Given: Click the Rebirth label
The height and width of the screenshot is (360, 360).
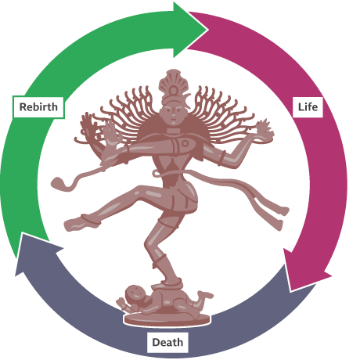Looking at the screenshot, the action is point(38,107).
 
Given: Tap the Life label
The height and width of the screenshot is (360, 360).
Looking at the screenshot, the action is point(308,107).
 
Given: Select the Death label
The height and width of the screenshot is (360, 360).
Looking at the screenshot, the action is point(167,342).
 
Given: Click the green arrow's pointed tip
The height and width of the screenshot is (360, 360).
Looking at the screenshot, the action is point(208,29).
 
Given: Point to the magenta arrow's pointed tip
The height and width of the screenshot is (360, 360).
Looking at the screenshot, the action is point(291,290).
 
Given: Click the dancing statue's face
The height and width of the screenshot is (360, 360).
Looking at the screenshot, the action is point(173,114).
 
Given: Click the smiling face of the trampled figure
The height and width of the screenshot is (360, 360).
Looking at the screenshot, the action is point(135,294).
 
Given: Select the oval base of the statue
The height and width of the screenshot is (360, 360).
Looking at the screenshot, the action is point(167,319).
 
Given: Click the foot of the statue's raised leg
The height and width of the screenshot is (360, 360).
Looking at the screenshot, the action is point(76,224).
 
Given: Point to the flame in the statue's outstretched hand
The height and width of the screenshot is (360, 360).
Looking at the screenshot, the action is point(264,128).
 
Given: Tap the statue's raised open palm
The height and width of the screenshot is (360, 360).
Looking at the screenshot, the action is point(112,135).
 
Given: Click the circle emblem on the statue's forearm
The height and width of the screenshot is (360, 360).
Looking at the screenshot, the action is point(185,143).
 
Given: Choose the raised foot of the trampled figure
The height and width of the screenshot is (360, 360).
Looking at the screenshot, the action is point(205,294).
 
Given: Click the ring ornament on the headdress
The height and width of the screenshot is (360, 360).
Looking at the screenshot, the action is point(173,91).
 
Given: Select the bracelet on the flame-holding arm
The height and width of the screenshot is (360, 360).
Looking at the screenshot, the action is point(222,157).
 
